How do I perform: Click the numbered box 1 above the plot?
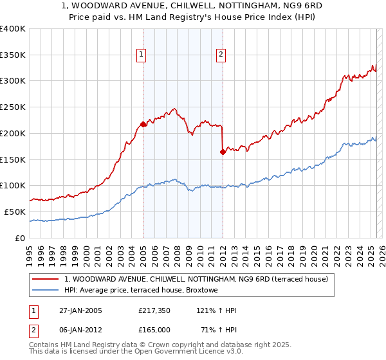(140, 55)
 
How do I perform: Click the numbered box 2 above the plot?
(221, 55)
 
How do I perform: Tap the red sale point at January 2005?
(143, 124)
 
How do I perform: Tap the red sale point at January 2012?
(223, 152)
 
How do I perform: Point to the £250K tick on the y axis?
(12, 107)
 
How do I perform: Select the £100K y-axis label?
(12, 185)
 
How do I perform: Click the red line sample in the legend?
(45, 279)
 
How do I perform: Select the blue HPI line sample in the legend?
(45, 291)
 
